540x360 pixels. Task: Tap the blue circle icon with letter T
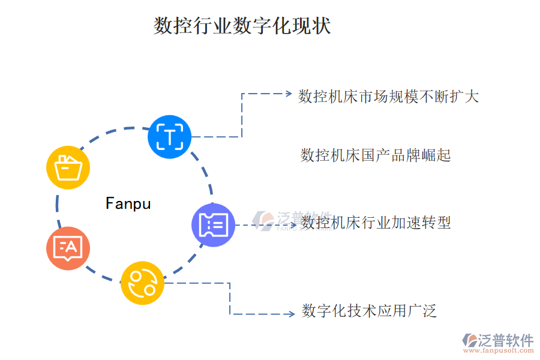(x=170, y=137)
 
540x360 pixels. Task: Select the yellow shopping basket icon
(x=68, y=167)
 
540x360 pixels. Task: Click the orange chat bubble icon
(x=68, y=248)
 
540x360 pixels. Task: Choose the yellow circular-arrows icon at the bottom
(x=142, y=283)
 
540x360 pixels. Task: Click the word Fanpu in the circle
(x=128, y=204)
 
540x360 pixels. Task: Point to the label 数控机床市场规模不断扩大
(x=388, y=96)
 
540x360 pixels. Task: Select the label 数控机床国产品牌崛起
(x=375, y=156)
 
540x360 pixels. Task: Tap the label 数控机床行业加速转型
(x=376, y=223)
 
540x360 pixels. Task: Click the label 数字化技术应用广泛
(x=368, y=311)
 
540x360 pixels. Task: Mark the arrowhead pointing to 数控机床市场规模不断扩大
(x=286, y=94)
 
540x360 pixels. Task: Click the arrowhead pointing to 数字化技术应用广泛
(x=290, y=314)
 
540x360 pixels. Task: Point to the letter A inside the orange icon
(x=71, y=245)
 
